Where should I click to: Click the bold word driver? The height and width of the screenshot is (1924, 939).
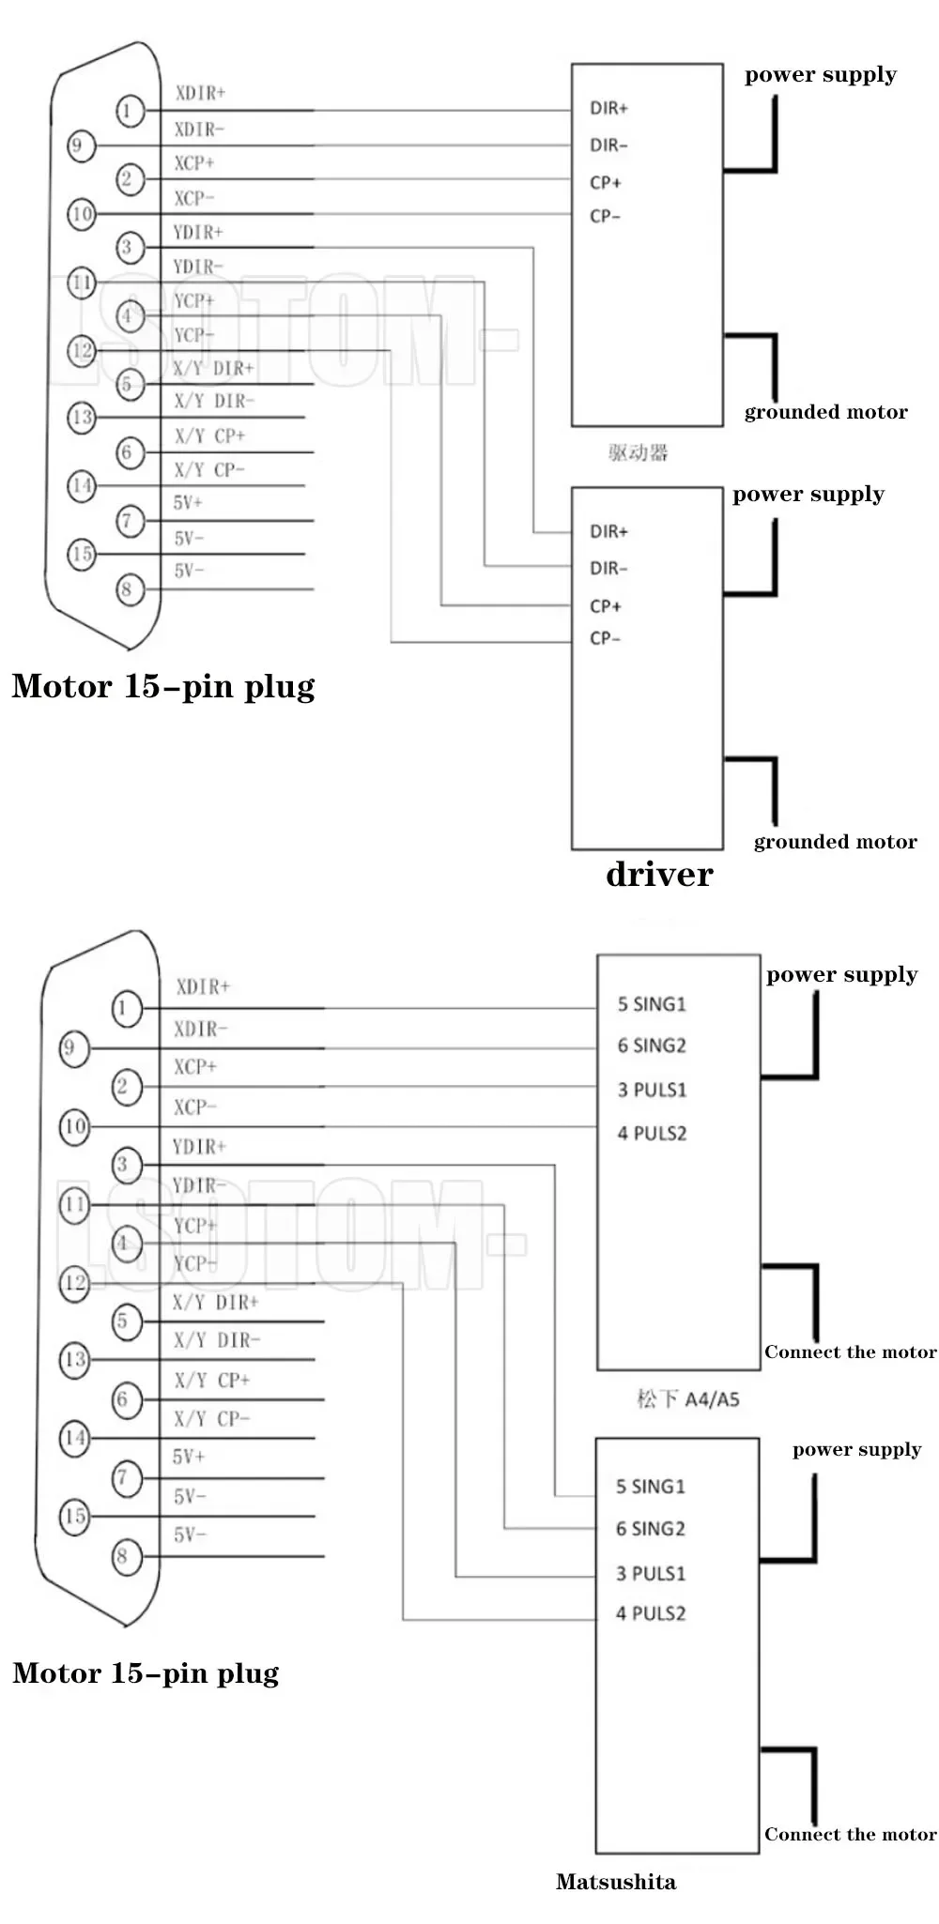[x=659, y=874]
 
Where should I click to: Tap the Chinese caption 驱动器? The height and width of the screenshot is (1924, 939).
[x=638, y=453]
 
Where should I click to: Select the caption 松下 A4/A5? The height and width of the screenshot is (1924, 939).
[x=687, y=1399]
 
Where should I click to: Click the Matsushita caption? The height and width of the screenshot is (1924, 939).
[x=615, y=1881]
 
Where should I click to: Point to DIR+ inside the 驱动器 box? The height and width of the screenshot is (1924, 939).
[x=608, y=108]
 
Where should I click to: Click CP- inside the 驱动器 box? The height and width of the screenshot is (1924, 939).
[x=605, y=216]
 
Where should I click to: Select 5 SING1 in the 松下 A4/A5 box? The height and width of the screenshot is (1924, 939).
[x=652, y=1004]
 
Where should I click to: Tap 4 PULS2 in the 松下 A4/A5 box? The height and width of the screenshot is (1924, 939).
[x=652, y=1134]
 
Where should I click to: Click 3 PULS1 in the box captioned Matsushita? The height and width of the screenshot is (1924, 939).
[x=651, y=1573]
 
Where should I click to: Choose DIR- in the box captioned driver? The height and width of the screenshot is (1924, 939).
[x=608, y=568]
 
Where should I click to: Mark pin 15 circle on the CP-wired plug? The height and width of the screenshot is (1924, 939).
[x=82, y=554]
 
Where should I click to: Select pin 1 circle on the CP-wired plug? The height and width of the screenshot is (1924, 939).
[x=130, y=111]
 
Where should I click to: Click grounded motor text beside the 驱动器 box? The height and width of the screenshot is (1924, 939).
[x=825, y=412]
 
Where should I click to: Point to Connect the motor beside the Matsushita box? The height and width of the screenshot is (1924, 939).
[x=850, y=1834]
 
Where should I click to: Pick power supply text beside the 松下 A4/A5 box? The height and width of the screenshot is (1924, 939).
[x=841, y=974]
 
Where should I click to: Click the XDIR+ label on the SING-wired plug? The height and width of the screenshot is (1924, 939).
[x=203, y=986]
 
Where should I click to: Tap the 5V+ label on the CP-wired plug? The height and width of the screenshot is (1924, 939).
[x=188, y=503]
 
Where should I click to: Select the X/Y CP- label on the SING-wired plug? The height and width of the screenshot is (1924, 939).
[x=211, y=1418]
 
